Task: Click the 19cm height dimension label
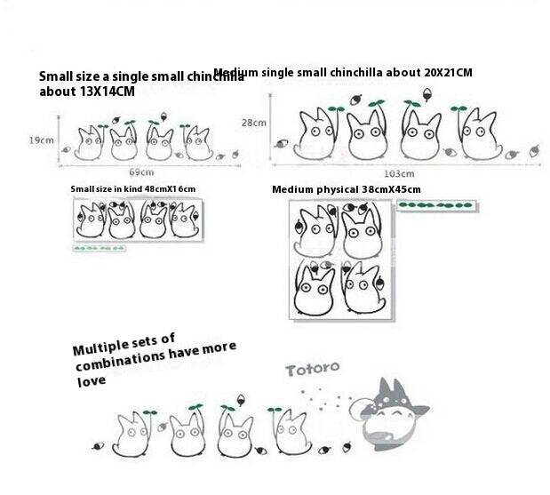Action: tap(41, 140)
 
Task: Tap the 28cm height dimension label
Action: tap(254, 123)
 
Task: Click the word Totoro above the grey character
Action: tap(312, 368)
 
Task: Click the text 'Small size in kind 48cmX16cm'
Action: tap(132, 189)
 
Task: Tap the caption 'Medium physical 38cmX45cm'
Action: tap(346, 189)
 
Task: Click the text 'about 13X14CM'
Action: tap(86, 92)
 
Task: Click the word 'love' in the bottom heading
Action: tap(90, 380)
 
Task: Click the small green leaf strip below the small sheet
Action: tap(99, 248)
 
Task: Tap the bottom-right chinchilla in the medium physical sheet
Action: tap(364, 289)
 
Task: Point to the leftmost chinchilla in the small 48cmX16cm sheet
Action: tap(91, 220)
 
